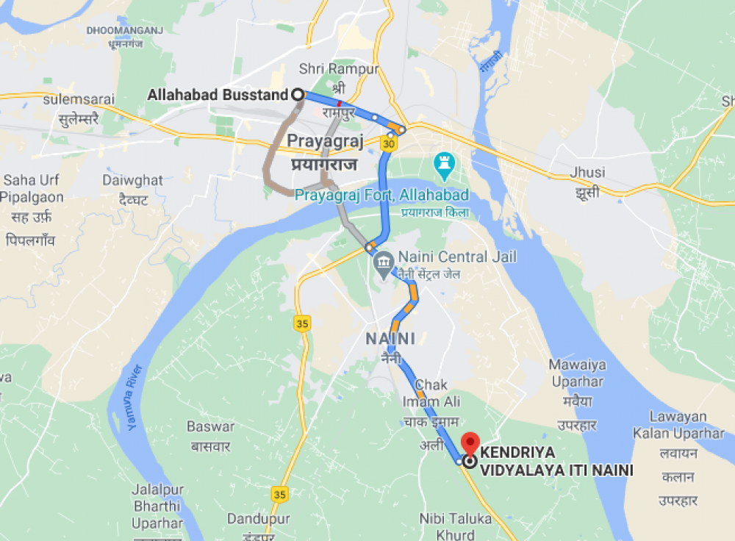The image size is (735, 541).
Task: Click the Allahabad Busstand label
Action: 217,95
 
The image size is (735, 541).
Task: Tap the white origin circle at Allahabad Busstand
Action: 298,94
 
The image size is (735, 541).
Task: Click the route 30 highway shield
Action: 389,145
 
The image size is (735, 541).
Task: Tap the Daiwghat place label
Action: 133,180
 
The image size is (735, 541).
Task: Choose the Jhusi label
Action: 587,173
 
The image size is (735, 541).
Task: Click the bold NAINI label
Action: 390,339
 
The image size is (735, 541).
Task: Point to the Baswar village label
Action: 210,427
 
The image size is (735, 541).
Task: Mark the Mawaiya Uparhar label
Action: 577,373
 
